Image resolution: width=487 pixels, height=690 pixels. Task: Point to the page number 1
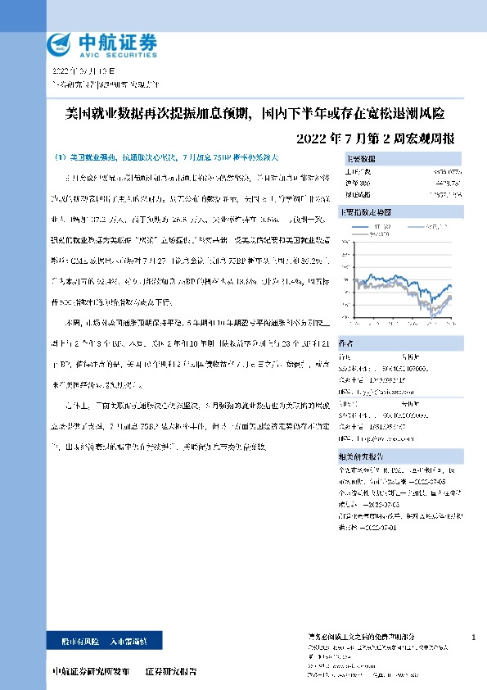[x=474, y=637]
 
